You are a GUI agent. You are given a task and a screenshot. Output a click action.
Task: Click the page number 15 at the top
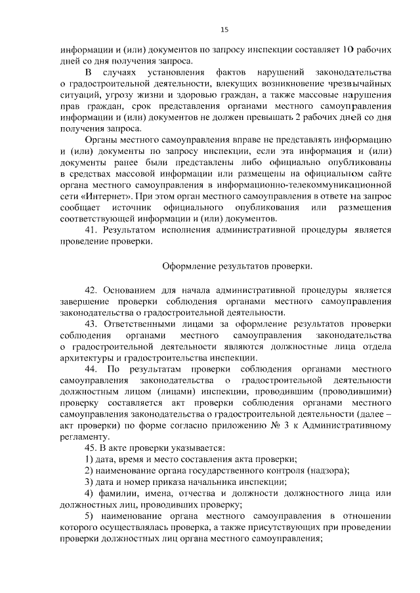tap(224, 29)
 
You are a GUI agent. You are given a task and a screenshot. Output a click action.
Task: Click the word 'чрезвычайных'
tap(358, 85)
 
